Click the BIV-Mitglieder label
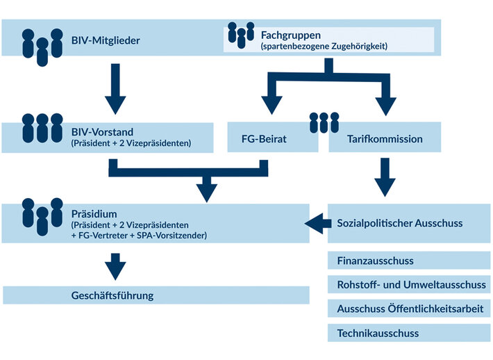coord(106,40)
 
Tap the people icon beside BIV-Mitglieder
coord(40,47)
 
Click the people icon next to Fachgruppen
coord(241,35)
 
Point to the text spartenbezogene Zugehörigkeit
coord(324,46)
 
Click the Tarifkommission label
coord(385,139)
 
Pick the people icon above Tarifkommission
coord(324,121)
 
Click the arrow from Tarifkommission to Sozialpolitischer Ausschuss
coord(384,178)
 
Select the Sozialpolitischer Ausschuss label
coord(399,223)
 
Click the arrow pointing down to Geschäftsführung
coord(116,265)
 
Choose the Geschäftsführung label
coord(112,295)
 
